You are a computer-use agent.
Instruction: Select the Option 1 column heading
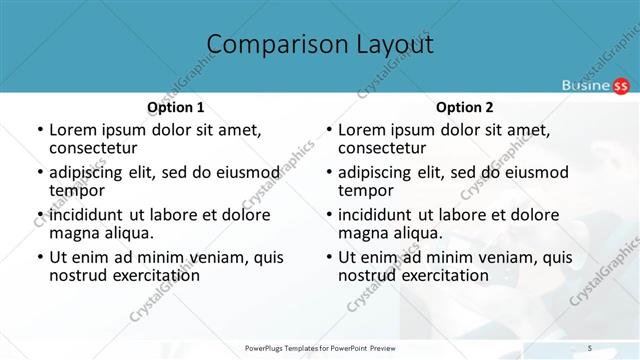(176, 107)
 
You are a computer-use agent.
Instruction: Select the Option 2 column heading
(465, 107)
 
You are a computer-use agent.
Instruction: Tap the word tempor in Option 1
(77, 191)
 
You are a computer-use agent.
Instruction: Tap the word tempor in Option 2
(366, 191)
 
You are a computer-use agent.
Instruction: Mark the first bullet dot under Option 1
(39, 130)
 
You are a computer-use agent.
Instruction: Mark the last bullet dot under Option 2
(328, 257)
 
